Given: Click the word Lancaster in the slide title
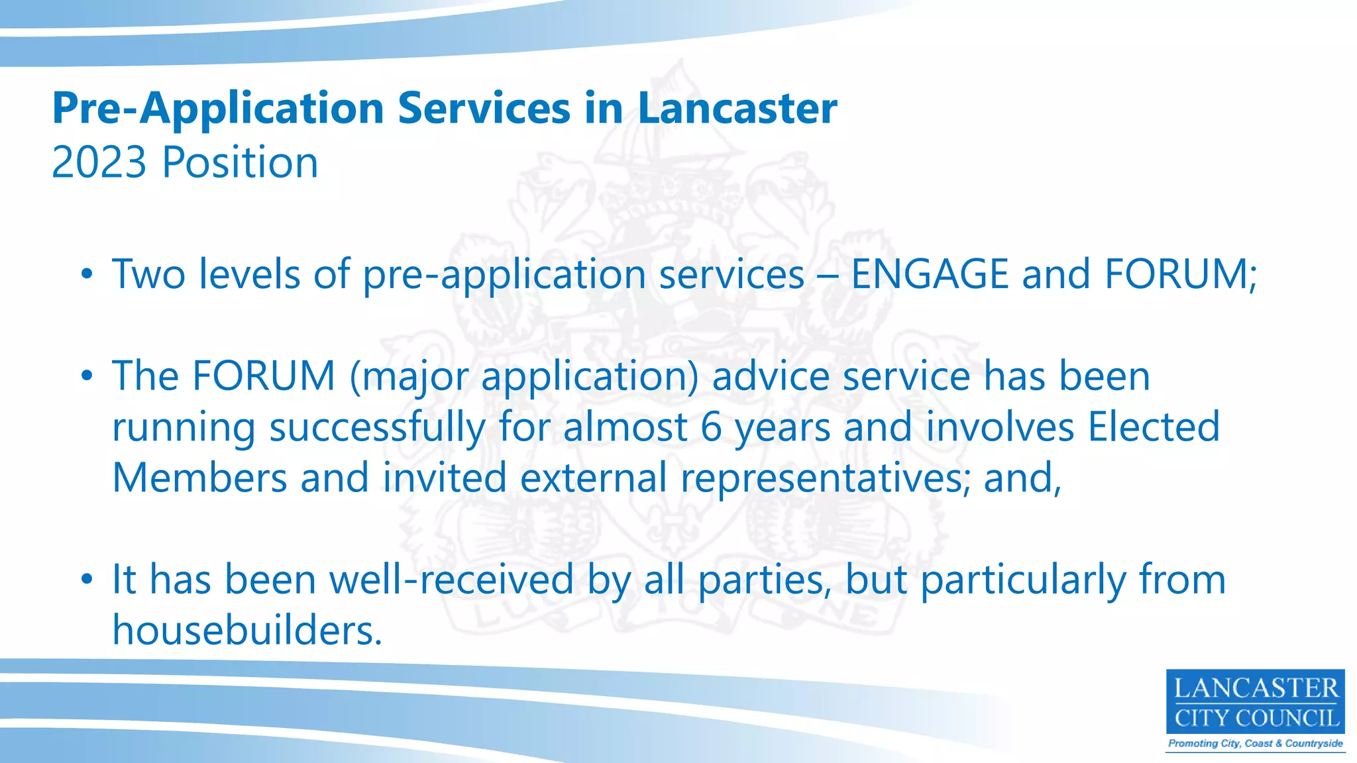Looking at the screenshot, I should pyautogui.click(x=737, y=108).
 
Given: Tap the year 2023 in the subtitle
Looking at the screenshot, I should pyautogui.click(x=99, y=162).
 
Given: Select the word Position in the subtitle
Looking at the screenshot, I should pyautogui.click(x=241, y=162).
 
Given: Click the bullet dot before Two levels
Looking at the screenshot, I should pyautogui.click(x=87, y=276).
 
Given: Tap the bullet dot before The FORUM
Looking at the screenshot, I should pyautogui.click(x=87, y=377).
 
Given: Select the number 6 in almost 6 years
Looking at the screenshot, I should pyautogui.click(x=710, y=427).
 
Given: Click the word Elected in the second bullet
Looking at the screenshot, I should pyautogui.click(x=1154, y=427).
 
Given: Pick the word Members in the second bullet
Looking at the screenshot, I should pyautogui.click(x=199, y=478).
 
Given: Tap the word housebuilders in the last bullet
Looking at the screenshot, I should pyautogui.click(x=246, y=630).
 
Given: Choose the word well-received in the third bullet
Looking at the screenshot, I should pyautogui.click(x=452, y=580).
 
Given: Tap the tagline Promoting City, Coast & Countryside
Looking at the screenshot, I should pyautogui.click(x=1255, y=743).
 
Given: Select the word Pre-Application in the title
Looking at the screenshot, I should pyautogui.click(x=218, y=109).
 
